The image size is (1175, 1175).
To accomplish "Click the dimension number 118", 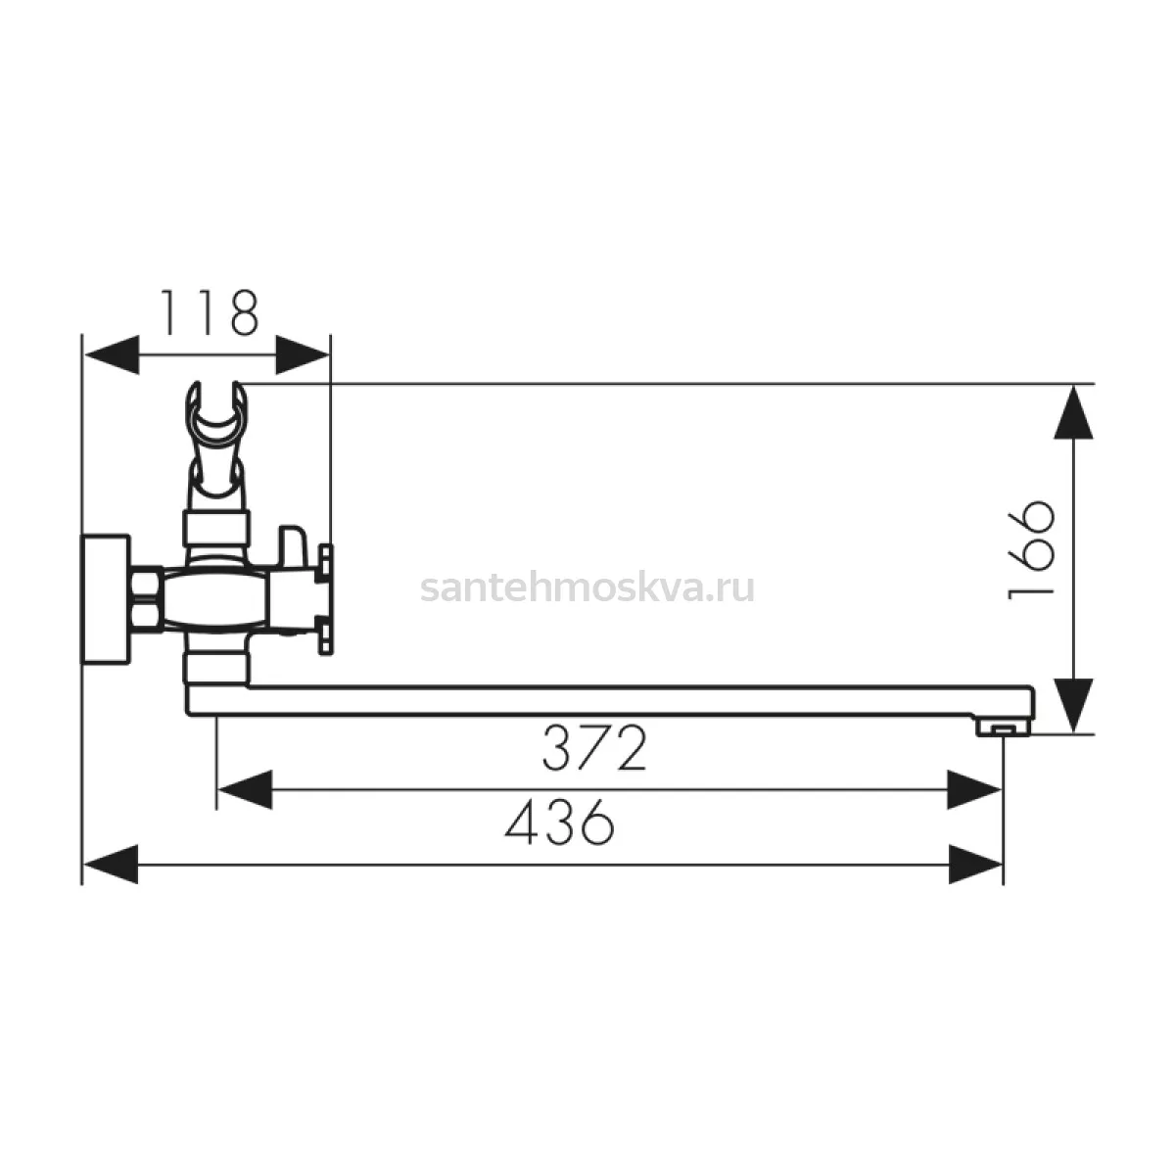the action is click(x=210, y=312).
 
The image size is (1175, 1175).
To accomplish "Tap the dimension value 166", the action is click(x=1030, y=551).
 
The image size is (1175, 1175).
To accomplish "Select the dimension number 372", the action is click(x=594, y=748).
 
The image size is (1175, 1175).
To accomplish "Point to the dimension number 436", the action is click(x=560, y=822).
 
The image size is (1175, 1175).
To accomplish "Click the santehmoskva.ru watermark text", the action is click(x=587, y=588).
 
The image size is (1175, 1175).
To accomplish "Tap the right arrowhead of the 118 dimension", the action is click(x=303, y=354).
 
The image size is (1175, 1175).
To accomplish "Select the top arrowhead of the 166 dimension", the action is click(x=1073, y=411).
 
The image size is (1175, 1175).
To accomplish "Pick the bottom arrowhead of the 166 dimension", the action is click(x=1073, y=705).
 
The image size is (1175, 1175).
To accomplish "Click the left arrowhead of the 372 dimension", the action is click(x=245, y=789).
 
